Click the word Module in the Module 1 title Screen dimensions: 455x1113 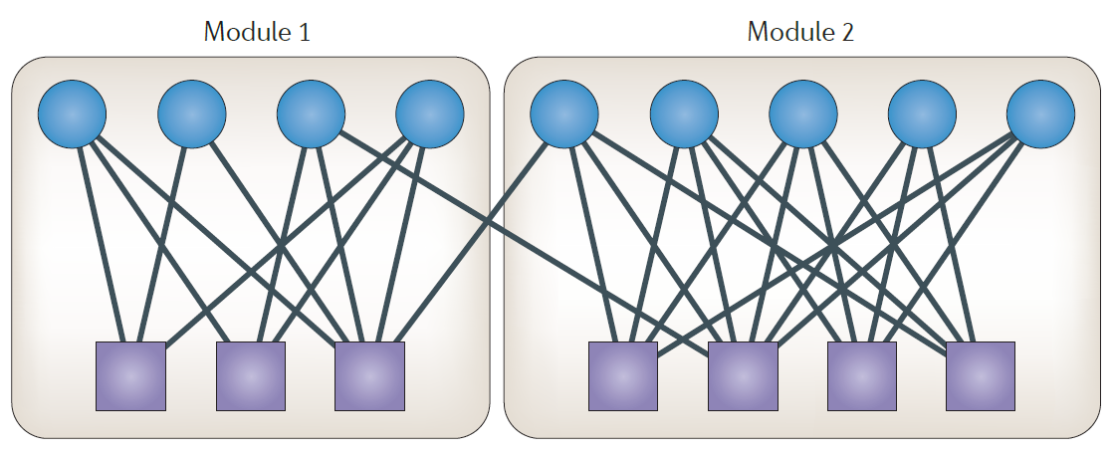click(240, 32)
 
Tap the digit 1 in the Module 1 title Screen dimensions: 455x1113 click(304, 32)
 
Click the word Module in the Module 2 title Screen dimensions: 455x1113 click(783, 32)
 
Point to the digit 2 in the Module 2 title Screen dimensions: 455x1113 click(848, 32)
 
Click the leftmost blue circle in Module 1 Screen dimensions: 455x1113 click(72, 114)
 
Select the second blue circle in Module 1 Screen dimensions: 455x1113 click(191, 114)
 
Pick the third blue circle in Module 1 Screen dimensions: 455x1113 click(311, 114)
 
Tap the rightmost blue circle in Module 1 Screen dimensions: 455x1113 click(430, 114)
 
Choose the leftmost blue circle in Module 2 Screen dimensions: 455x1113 click(564, 114)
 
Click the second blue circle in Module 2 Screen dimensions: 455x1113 click(684, 114)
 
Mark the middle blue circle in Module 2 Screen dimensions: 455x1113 click(802, 114)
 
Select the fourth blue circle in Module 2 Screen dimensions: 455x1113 click(922, 114)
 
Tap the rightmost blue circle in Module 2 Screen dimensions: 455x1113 click(1040, 114)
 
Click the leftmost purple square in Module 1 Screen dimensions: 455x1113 click(130, 376)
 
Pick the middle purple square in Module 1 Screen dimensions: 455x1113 click(251, 376)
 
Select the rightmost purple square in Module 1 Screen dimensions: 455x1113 click(369, 376)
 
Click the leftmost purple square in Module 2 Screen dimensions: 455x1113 click(623, 376)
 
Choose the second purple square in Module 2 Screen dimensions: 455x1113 click(743, 376)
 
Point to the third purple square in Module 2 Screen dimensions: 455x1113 click(862, 376)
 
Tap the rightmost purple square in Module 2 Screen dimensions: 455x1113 click(981, 376)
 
